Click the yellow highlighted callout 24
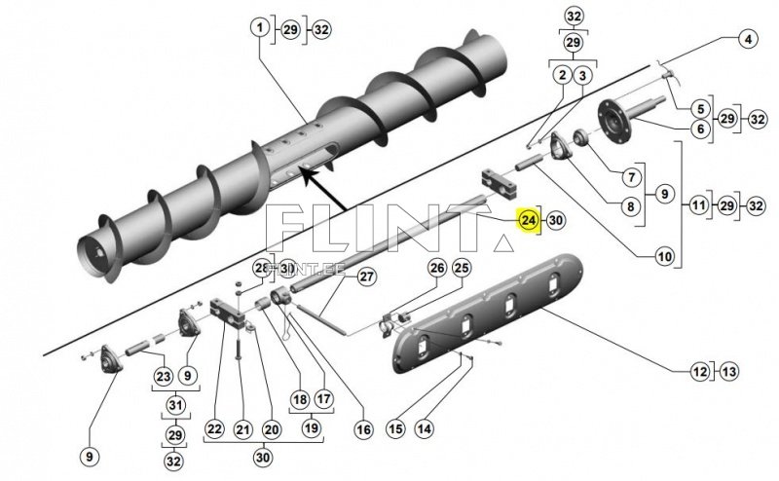pyautogui.click(x=528, y=221)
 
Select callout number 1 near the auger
pyautogui.click(x=261, y=29)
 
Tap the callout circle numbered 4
pyautogui.click(x=748, y=41)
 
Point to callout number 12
pyautogui.click(x=700, y=371)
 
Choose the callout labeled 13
pyautogui.click(x=729, y=371)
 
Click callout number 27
pyautogui.click(x=366, y=277)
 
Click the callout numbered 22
pyautogui.click(x=214, y=429)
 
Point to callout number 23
pyautogui.click(x=163, y=376)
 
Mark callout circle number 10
pyautogui.click(x=665, y=257)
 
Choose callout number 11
pyautogui.click(x=699, y=206)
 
